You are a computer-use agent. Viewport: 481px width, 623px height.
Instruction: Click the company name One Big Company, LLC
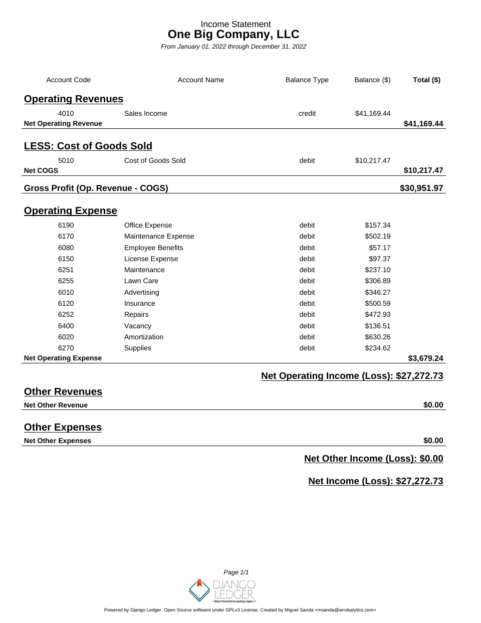click(x=233, y=34)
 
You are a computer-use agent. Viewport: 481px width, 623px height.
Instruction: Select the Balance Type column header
click(x=307, y=80)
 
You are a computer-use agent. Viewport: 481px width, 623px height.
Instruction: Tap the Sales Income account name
click(x=145, y=113)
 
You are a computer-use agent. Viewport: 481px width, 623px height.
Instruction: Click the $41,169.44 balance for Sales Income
click(x=372, y=113)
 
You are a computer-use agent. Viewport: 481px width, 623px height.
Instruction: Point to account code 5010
click(x=66, y=160)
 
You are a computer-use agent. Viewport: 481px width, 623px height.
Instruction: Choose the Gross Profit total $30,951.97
click(x=421, y=188)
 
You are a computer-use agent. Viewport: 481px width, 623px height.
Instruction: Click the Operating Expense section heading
click(x=70, y=211)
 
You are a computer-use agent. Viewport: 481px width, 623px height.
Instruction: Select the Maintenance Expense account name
click(x=159, y=236)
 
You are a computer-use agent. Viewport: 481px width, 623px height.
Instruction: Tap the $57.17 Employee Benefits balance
click(x=379, y=248)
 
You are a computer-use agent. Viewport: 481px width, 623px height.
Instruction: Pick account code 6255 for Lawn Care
click(x=66, y=281)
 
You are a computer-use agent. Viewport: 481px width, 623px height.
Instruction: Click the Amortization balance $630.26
click(x=377, y=337)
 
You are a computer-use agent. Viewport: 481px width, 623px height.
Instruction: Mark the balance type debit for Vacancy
click(x=307, y=326)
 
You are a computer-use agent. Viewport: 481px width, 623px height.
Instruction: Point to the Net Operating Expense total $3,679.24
click(x=425, y=358)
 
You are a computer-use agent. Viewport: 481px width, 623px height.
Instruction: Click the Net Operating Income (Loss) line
click(x=352, y=376)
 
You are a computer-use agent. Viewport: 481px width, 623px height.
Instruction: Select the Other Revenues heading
click(x=63, y=391)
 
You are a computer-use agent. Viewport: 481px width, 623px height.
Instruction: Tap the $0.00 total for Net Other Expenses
click(x=433, y=440)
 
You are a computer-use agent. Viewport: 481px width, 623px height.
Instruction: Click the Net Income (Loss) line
click(x=375, y=481)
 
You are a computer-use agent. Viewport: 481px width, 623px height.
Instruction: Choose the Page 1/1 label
click(x=236, y=572)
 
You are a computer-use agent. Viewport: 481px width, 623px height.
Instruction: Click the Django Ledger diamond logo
click(x=199, y=590)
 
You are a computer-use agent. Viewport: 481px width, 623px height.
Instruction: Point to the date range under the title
click(x=233, y=47)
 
